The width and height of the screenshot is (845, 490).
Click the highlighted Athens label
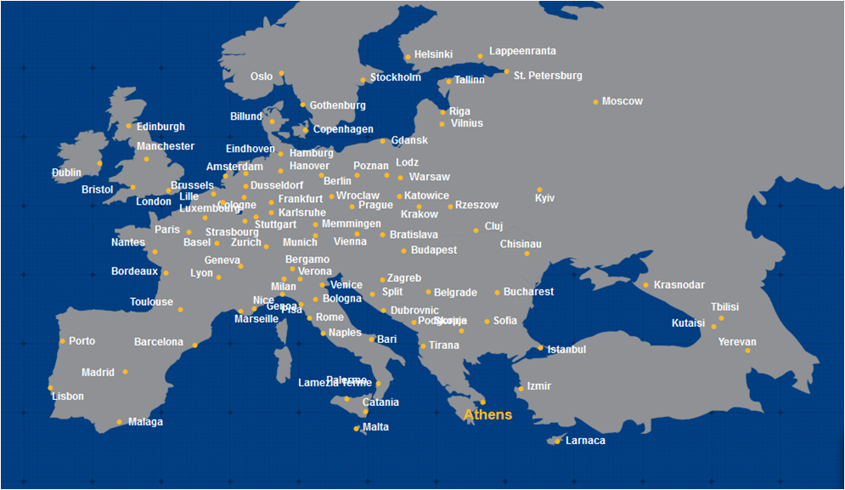coord(488,415)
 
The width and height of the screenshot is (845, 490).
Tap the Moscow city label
coord(622,102)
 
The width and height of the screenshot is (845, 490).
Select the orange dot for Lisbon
coord(51,388)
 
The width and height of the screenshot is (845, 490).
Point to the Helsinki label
coord(433,55)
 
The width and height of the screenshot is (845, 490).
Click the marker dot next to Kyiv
coord(539,189)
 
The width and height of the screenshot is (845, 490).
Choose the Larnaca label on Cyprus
coord(585,441)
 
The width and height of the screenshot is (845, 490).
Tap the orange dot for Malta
coord(357,429)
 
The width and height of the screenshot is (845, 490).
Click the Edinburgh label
coord(161,127)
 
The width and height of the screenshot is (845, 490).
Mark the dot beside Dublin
coord(99,163)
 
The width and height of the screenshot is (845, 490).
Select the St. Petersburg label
coord(548,76)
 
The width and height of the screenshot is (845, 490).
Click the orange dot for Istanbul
coord(541,347)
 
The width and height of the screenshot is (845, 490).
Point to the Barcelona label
coord(159,343)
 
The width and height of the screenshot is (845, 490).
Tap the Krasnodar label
coord(679,285)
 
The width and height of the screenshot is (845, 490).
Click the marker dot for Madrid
coord(125,372)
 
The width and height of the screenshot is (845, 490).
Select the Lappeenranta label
coord(522,52)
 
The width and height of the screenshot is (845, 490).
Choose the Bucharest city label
coord(528,292)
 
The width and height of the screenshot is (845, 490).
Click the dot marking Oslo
coord(281,74)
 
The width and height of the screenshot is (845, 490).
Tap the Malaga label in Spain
coord(145,422)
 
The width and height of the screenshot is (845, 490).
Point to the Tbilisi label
coord(724,307)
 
